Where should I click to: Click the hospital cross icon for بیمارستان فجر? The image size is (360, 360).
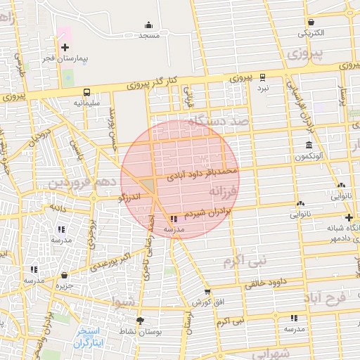tap(65, 48)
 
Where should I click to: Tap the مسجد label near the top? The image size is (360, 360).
tap(149, 34)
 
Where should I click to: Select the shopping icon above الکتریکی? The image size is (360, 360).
tap(310, 20)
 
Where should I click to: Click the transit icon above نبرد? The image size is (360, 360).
tap(262, 77)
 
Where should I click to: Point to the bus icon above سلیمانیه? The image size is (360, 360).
tap(86, 91)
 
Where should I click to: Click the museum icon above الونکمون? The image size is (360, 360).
tap(309, 145)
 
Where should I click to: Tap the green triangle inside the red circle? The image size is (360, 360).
tap(148, 186)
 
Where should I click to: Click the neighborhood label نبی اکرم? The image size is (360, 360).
tap(245, 261)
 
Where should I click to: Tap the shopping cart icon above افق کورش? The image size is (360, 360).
tap(207, 292)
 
